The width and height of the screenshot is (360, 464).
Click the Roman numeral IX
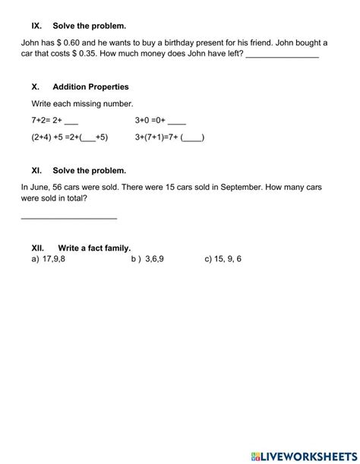[36, 26]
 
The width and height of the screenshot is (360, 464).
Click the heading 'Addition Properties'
[90, 87]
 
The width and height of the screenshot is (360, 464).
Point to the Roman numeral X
[35, 87]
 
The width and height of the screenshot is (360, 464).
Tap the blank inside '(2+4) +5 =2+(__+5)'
[88, 138]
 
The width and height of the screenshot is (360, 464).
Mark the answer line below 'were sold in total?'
[68, 219]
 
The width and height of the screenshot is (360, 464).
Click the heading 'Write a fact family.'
[94, 248]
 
